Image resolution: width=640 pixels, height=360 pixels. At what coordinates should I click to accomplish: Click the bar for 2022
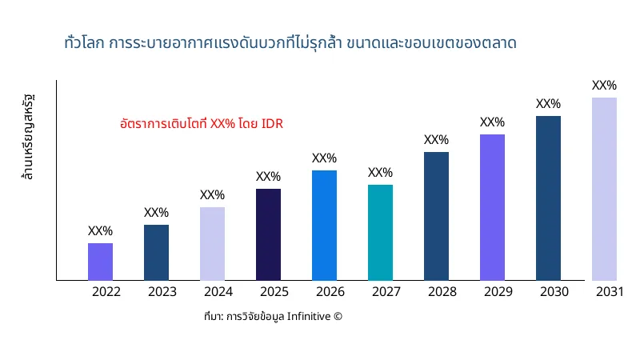[x=100, y=262]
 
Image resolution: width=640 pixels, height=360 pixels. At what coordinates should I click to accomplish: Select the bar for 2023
[x=156, y=253]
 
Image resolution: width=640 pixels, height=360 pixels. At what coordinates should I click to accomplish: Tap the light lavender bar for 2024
[x=212, y=244]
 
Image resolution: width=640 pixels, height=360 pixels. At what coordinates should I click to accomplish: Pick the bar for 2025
[x=268, y=234]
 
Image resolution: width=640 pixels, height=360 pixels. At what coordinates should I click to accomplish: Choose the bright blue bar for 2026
[x=324, y=226]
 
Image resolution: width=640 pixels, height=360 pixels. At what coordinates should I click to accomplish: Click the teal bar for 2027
[x=380, y=233]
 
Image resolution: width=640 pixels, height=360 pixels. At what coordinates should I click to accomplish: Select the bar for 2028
[x=436, y=216]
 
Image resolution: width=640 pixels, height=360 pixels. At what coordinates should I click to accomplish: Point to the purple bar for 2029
[x=492, y=207]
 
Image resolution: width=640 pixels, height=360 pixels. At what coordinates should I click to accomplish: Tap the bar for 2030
[x=548, y=198]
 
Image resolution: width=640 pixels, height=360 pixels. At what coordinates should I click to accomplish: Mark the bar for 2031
[x=604, y=189]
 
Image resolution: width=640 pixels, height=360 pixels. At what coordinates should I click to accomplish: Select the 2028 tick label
[x=442, y=292]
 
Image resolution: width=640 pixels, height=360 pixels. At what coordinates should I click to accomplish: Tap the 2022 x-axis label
[x=106, y=292]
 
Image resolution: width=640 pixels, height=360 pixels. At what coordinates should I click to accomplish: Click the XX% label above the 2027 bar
[x=380, y=173]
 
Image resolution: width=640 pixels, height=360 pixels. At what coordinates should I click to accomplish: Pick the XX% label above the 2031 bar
[x=604, y=86]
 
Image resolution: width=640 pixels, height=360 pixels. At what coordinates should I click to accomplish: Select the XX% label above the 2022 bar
[x=100, y=231]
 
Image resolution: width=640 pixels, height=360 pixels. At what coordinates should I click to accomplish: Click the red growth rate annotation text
[x=202, y=124]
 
